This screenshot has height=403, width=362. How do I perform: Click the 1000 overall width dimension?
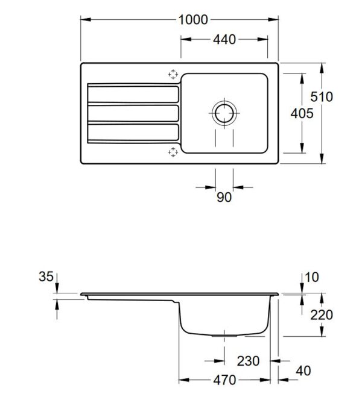[x=193, y=20]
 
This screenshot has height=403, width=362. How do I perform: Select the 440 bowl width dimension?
[x=224, y=40]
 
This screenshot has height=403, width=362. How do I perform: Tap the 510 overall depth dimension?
[x=322, y=97]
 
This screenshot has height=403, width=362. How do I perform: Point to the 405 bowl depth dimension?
[x=302, y=113]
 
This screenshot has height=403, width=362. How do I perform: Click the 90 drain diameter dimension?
[x=224, y=198]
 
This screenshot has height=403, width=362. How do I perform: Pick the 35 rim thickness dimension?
[x=46, y=277]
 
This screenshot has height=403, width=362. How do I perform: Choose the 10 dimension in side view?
[x=311, y=277]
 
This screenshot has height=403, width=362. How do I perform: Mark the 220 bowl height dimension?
[x=322, y=315]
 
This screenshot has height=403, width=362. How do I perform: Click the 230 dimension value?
[x=248, y=361]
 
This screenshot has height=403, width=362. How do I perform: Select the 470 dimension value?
[x=224, y=380]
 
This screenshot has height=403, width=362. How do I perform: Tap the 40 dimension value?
[x=303, y=371]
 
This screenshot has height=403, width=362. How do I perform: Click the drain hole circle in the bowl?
[x=224, y=113]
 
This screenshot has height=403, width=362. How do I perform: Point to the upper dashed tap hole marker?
[x=173, y=74]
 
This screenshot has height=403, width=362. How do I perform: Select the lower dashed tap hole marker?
[x=173, y=152]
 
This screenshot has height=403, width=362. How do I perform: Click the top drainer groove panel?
[x=133, y=95]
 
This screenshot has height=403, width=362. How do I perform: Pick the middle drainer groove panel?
[x=133, y=113]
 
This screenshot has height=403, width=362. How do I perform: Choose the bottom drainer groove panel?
[x=133, y=133]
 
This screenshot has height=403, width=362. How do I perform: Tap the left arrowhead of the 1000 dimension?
[x=86, y=19]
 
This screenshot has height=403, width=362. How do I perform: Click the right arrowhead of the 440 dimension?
[x=262, y=39]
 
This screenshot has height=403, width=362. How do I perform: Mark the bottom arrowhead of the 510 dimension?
[x=322, y=158]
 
